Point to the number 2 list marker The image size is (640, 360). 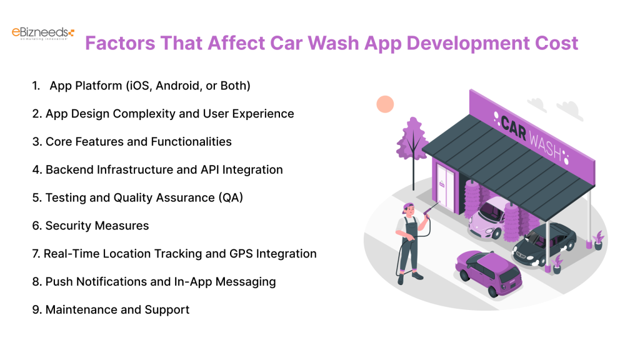tap(36, 114)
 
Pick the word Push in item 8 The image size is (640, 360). tap(59, 282)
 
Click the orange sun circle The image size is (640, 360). tap(385, 104)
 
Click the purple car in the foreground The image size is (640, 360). tap(487, 272)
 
